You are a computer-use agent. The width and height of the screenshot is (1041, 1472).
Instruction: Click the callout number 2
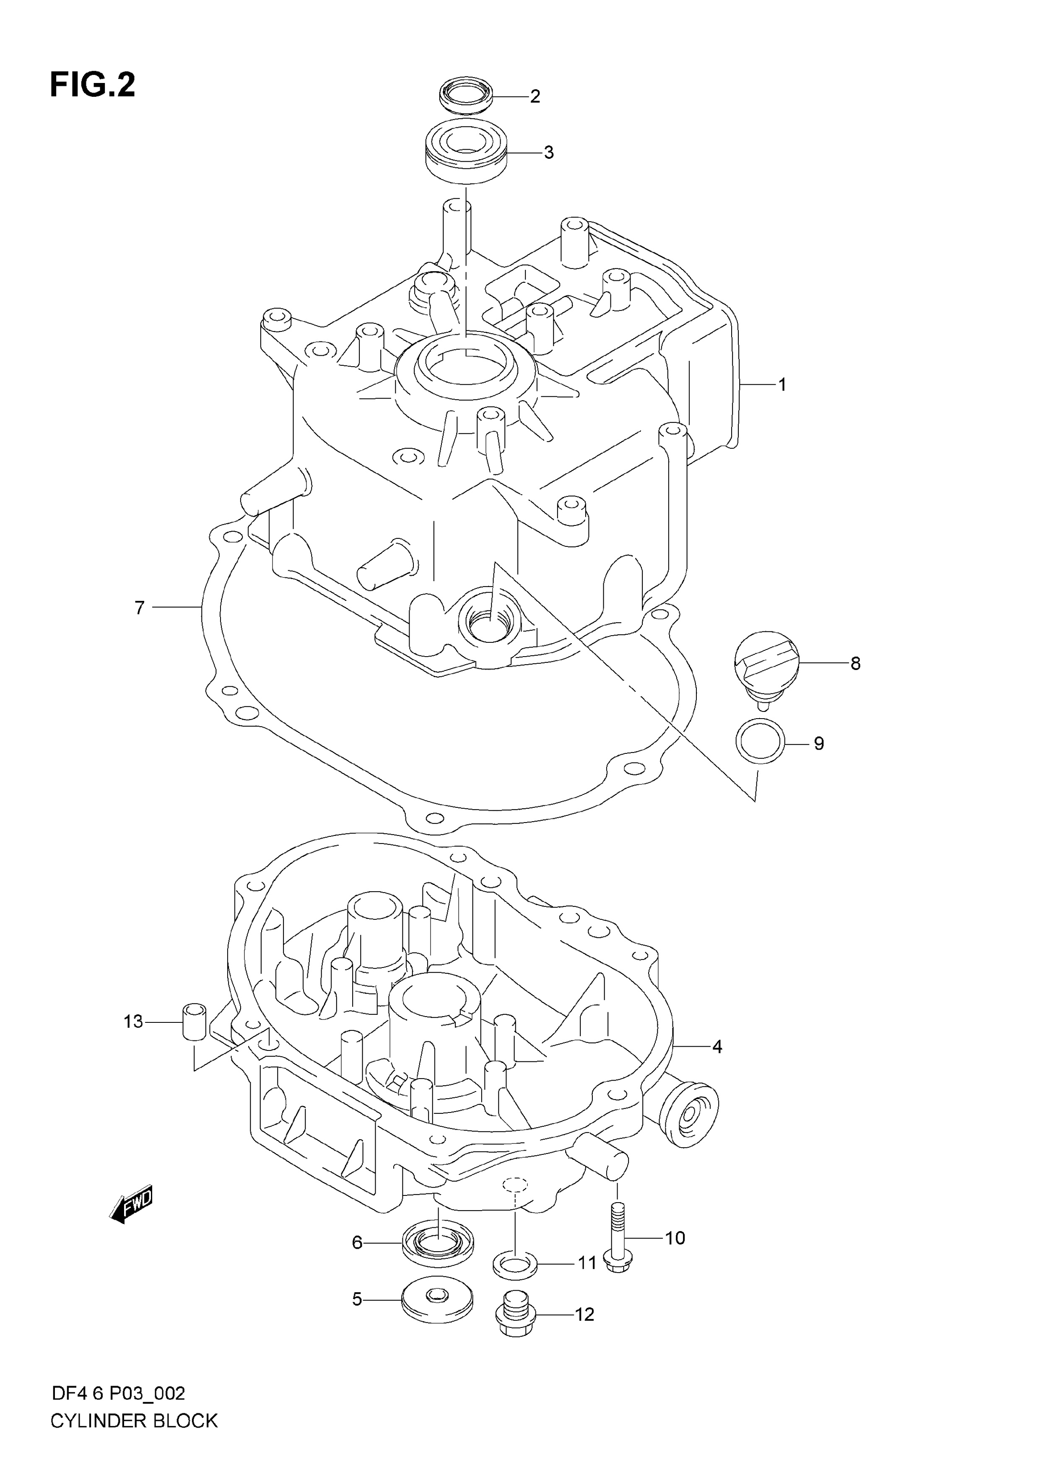pyautogui.click(x=535, y=97)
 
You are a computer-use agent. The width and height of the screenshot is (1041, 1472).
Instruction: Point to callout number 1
pyautogui.click(x=782, y=385)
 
